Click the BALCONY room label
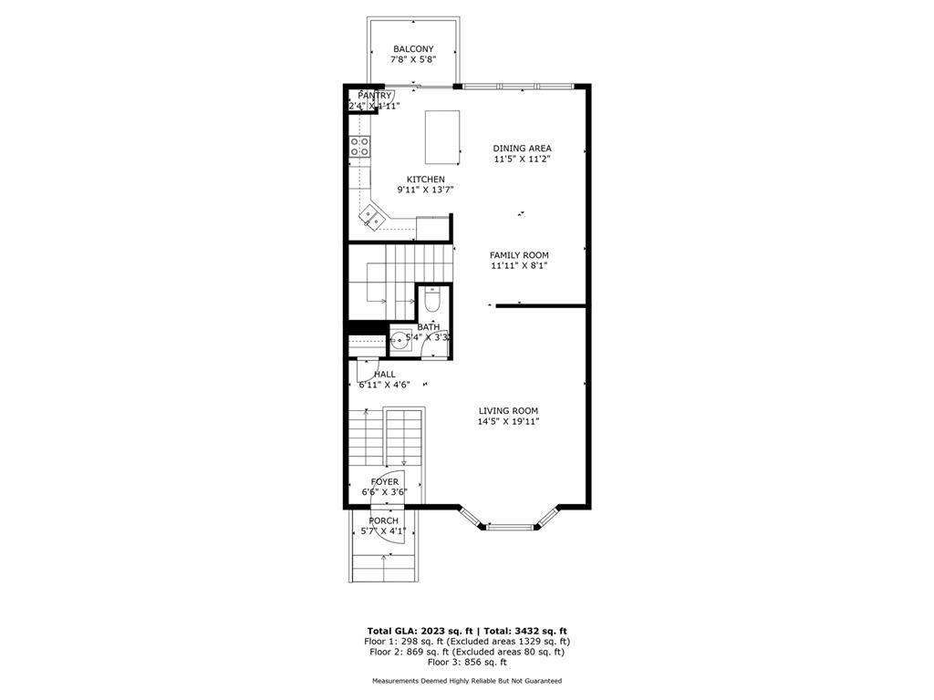tap(413, 49)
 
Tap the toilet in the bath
tap(432, 299)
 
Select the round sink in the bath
tap(400, 342)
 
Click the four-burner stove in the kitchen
tap(359, 147)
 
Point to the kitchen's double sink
tap(373, 217)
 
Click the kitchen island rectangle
tap(442, 137)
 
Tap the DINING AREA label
tap(523, 149)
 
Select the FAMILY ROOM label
tap(519, 255)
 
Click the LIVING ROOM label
tap(509, 411)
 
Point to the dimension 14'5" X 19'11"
tap(509, 422)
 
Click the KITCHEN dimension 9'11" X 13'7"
tap(426, 190)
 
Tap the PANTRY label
tap(375, 95)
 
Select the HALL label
tap(385, 375)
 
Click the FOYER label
tap(385, 481)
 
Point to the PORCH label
tap(384, 520)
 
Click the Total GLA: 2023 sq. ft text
tap(420, 631)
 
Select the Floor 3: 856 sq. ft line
tap(467, 662)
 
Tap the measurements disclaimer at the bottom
tap(467, 680)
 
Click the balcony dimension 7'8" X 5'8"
tap(413, 59)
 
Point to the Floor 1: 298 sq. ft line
tap(467, 642)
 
